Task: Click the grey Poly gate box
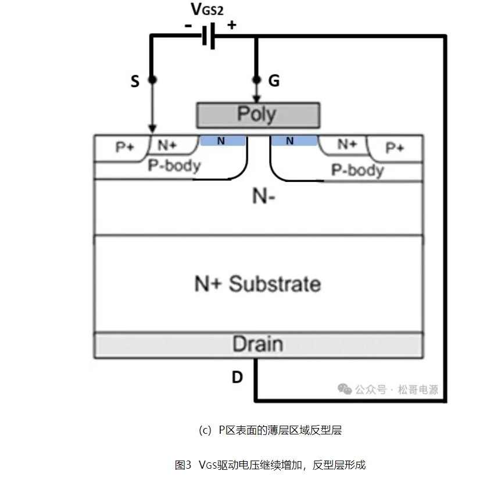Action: (258, 115)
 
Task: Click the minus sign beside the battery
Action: (188, 26)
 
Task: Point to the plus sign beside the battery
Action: (231, 25)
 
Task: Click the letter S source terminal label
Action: (135, 81)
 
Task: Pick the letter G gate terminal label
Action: (274, 81)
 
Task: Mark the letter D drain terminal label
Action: (237, 377)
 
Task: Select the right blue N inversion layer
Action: (294, 141)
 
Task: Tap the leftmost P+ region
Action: (123, 147)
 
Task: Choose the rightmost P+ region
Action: (395, 148)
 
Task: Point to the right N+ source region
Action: (348, 144)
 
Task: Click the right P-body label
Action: (357, 170)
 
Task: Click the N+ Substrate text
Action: (257, 284)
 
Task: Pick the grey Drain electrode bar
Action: (258, 344)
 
